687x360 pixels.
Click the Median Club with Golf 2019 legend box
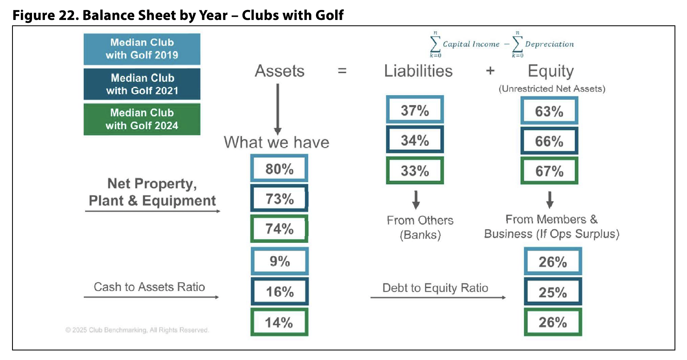coord(142,49)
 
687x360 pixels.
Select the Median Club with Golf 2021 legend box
coord(142,84)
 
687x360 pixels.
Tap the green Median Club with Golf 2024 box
coord(142,119)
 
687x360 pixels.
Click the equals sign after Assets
coord(342,71)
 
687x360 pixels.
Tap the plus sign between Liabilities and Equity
coord(490,71)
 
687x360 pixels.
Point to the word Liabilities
coord(418,71)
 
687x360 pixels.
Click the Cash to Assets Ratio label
coord(149,287)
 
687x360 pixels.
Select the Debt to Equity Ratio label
coord(435,288)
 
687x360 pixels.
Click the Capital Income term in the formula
coord(471,44)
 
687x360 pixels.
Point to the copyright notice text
coord(137,330)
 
